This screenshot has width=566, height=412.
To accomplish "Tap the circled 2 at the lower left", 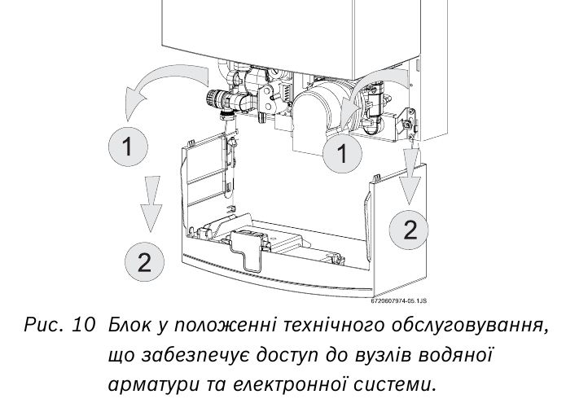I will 143,262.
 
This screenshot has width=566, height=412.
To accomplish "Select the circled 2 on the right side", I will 410,229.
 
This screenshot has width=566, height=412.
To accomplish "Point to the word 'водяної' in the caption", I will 461,355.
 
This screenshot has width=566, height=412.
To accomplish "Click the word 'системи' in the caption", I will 400,384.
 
